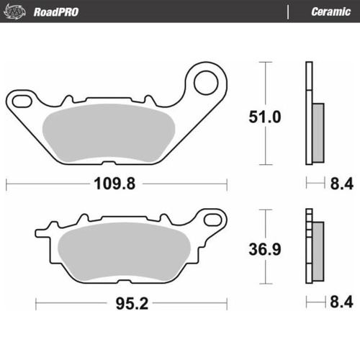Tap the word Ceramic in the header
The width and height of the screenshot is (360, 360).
pos(330,12)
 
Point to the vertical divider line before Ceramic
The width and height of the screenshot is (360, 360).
pos(288,12)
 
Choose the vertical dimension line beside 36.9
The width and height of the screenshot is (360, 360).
pos(267,223)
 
